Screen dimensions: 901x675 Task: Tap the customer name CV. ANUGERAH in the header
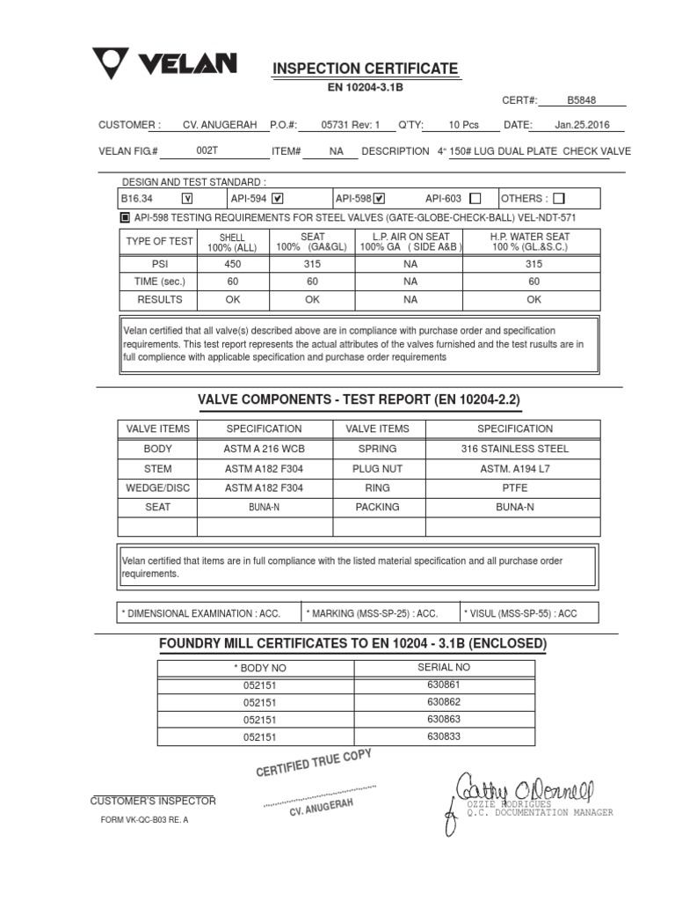(x=220, y=125)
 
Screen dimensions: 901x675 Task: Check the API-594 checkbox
(x=277, y=198)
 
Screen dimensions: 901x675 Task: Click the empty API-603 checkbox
(x=475, y=198)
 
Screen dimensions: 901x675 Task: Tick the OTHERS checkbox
(x=559, y=198)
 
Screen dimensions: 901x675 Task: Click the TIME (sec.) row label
(x=159, y=281)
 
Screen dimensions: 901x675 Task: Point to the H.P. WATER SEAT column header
(x=530, y=242)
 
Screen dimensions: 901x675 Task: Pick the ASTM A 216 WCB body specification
(x=264, y=449)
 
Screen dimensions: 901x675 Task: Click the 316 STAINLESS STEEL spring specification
(x=514, y=449)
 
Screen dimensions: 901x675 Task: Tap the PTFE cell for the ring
(x=514, y=487)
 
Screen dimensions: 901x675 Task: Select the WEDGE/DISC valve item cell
(x=157, y=487)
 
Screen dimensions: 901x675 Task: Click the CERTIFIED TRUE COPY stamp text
(x=314, y=763)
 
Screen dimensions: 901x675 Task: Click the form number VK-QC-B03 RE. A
(x=145, y=819)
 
